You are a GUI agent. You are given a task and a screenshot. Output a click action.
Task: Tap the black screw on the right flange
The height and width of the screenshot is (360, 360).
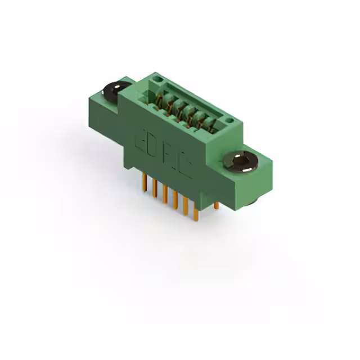tap(243, 161)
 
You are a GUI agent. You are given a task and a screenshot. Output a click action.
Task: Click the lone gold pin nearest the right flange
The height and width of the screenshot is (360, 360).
tap(216, 205)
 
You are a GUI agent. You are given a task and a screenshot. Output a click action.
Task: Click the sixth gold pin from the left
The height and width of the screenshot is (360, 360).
tap(195, 211)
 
